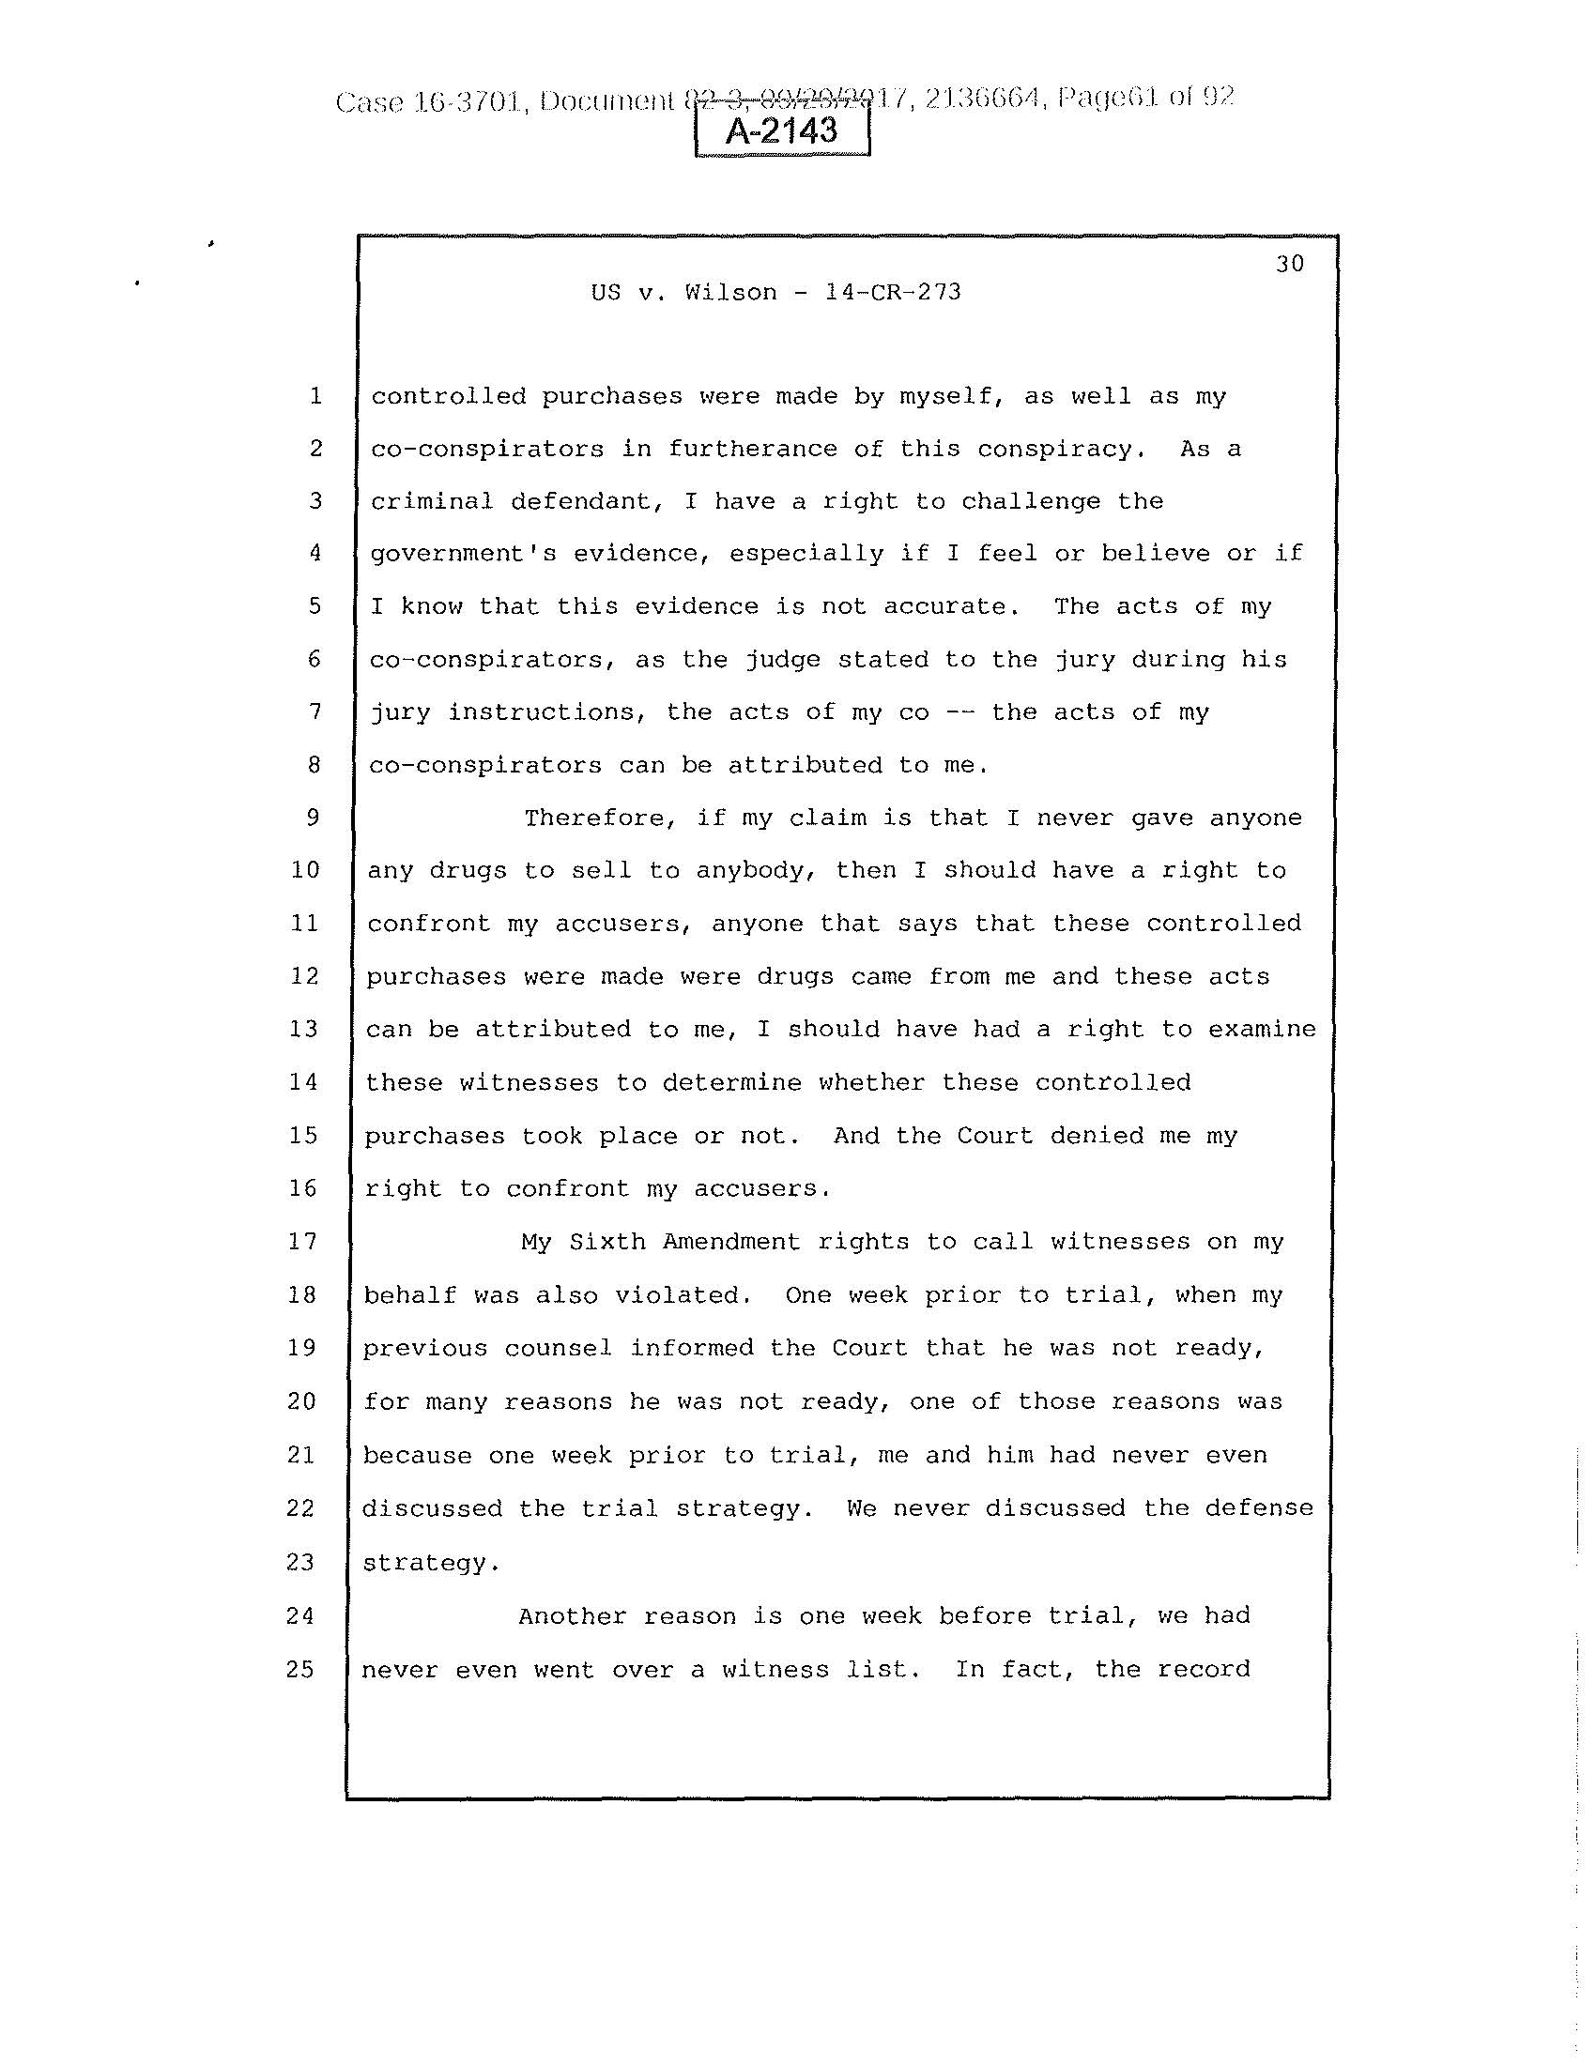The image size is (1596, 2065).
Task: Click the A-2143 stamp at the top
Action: coord(781,130)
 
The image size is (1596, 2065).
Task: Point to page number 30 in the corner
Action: coord(1290,264)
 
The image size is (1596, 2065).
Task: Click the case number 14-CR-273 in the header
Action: coord(893,292)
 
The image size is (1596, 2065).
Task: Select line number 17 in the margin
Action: coord(301,1241)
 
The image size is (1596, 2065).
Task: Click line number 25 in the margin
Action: coord(300,1669)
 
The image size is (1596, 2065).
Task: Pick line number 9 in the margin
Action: coord(313,817)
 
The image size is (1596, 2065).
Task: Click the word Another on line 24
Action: coord(572,1616)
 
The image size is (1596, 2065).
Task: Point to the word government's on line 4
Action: coord(462,553)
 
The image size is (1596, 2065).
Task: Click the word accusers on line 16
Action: coord(761,1188)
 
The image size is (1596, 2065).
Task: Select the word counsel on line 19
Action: coord(558,1348)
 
